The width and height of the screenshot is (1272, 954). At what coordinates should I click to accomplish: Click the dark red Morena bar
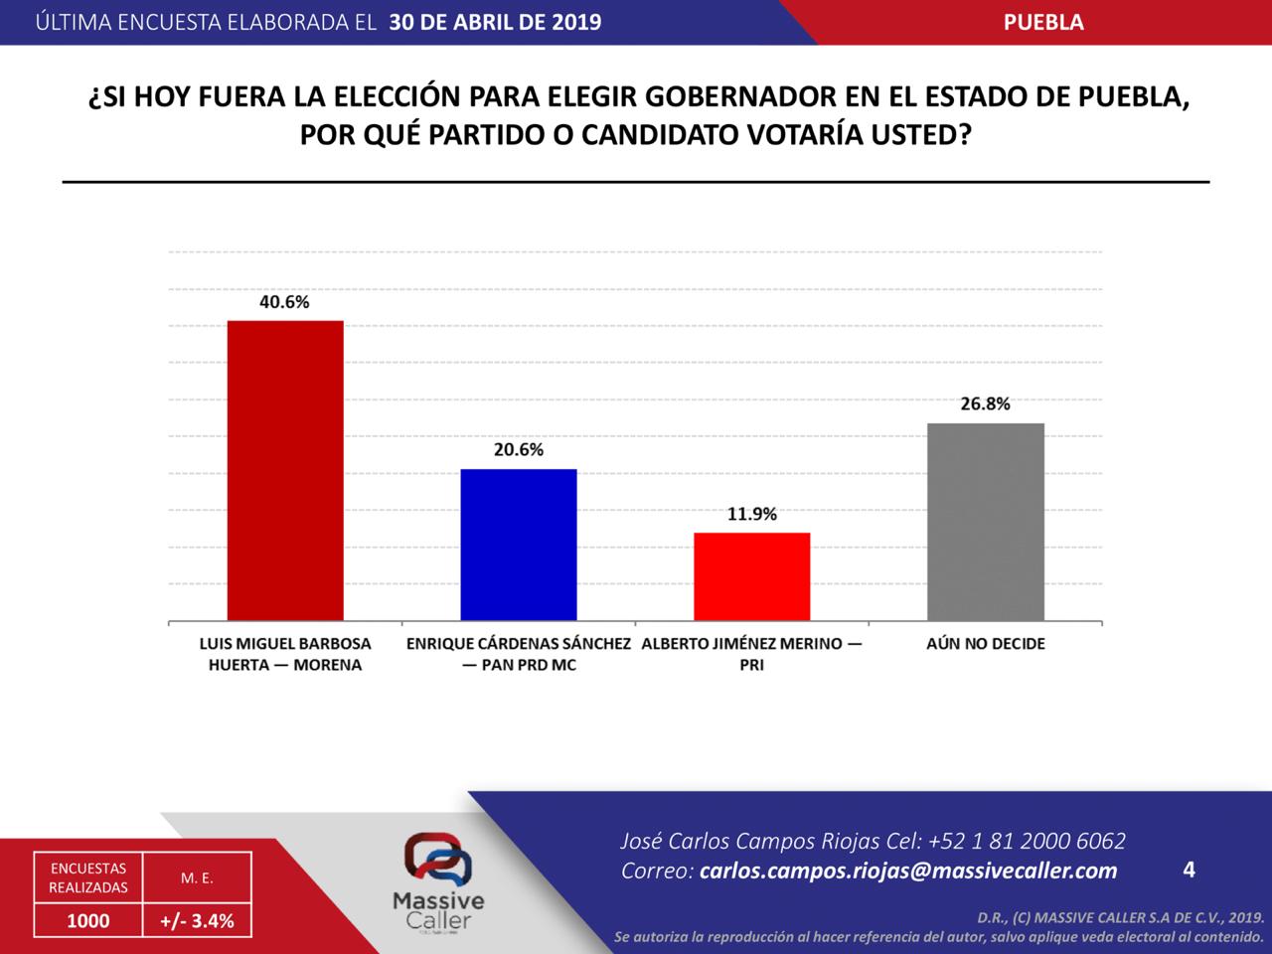tap(285, 471)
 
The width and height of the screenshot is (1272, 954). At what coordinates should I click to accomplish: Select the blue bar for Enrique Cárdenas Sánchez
tap(519, 546)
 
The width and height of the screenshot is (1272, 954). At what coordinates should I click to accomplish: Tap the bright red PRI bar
tap(751, 577)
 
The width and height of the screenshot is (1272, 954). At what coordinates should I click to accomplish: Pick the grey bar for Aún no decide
tap(985, 523)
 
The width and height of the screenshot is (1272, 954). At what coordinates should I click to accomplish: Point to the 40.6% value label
tap(284, 302)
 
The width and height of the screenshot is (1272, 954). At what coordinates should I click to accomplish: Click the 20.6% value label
tap(519, 450)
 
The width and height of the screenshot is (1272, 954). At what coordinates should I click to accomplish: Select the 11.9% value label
tap(752, 515)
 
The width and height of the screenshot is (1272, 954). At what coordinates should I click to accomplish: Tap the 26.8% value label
tap(985, 404)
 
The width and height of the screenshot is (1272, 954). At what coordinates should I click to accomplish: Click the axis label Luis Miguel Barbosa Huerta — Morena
tap(285, 654)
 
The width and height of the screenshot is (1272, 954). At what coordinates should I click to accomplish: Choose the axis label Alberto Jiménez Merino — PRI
tap(752, 654)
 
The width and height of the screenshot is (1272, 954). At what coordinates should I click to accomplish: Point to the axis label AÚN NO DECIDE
tap(986, 644)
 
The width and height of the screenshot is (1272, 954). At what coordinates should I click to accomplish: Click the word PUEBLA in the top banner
tap(1043, 22)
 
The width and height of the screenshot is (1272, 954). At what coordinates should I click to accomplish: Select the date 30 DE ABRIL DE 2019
tap(495, 22)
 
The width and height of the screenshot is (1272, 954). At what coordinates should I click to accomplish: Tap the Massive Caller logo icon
tap(437, 859)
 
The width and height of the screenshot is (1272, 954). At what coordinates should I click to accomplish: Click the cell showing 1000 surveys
tap(87, 921)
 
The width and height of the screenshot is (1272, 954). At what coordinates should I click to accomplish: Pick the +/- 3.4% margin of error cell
tap(197, 921)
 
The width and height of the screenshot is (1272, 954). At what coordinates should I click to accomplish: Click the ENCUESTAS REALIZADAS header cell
tap(88, 877)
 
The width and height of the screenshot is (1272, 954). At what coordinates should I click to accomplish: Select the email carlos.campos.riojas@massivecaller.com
tap(908, 872)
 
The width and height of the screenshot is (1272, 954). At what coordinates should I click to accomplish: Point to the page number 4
tap(1190, 871)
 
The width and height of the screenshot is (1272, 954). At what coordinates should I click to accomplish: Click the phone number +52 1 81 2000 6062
tap(1027, 842)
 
